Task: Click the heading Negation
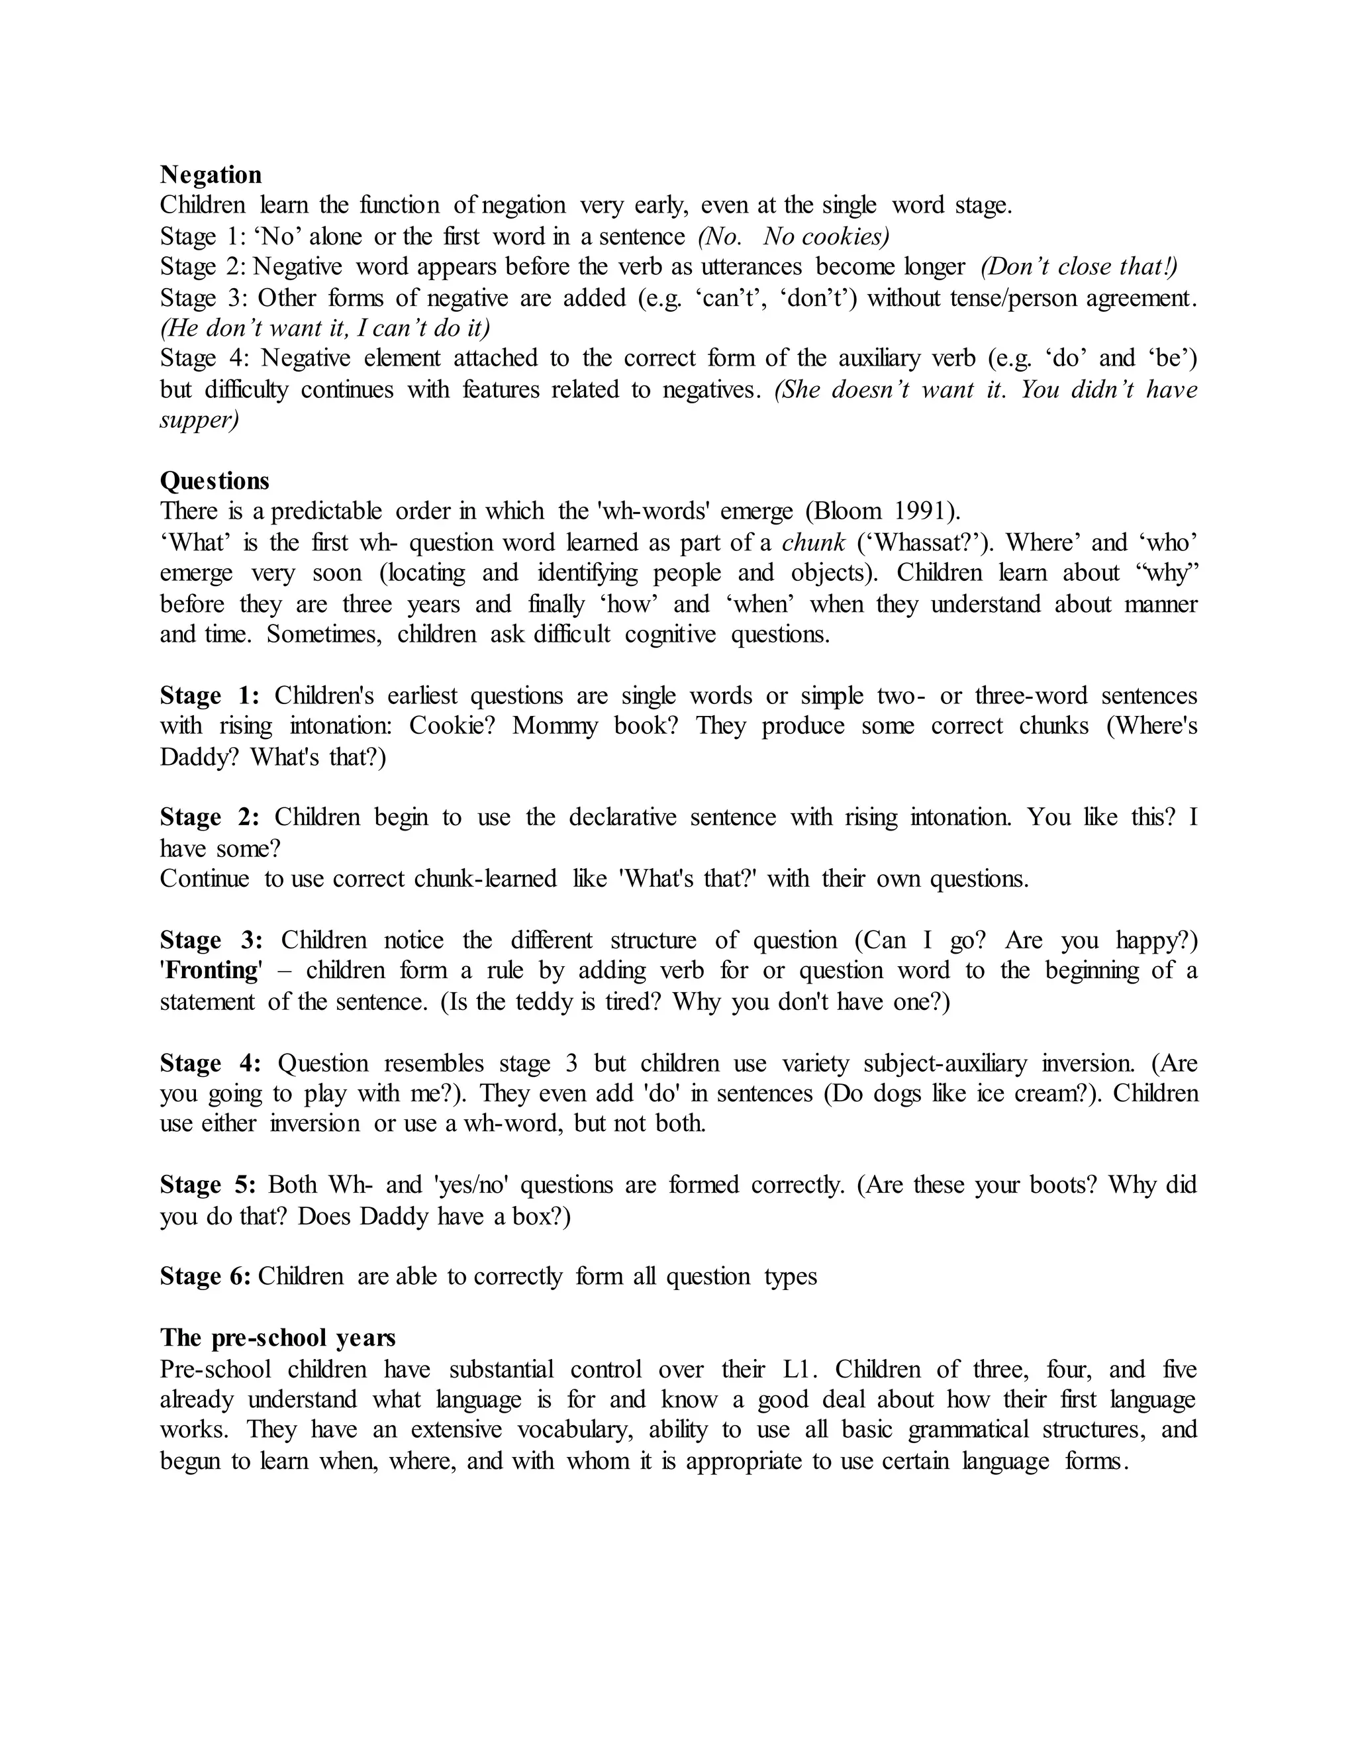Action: (211, 174)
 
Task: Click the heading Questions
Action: (215, 481)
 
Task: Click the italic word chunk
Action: (813, 542)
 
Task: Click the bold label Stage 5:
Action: (208, 1185)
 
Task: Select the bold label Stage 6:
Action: (206, 1277)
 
